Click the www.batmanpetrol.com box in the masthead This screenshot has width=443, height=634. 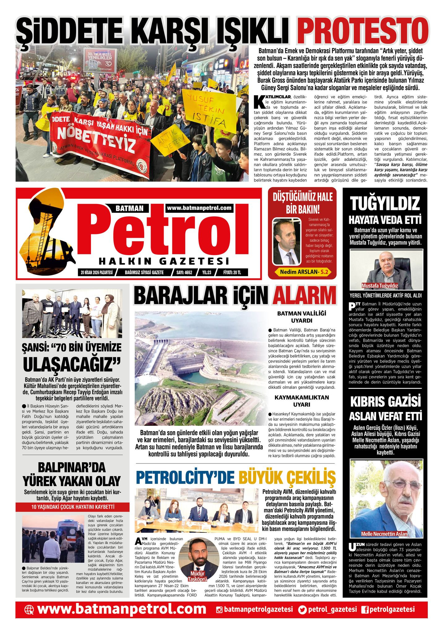(x=199, y=208)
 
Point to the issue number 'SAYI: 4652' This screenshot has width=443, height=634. (x=184, y=273)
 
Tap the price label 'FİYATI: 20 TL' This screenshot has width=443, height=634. (x=232, y=273)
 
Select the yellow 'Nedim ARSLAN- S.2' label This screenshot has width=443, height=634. (x=303, y=272)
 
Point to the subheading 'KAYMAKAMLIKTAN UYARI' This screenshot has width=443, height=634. (x=301, y=401)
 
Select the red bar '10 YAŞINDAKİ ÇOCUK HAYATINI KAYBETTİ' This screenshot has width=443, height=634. (x=73, y=507)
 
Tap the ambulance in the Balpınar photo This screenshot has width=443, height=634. (x=70, y=529)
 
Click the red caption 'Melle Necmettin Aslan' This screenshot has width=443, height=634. (x=384, y=534)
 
